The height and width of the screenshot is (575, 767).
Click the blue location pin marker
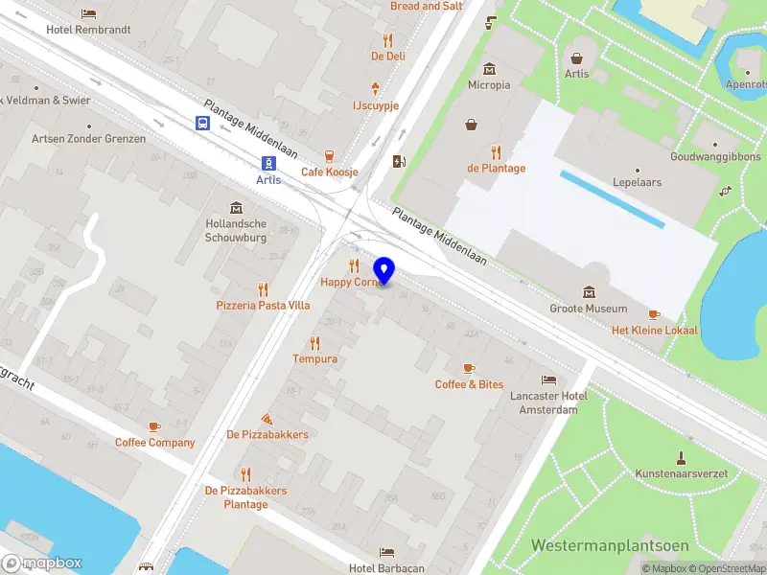coord(384,271)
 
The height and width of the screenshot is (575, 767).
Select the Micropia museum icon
coord(490,69)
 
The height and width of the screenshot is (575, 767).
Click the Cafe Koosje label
coord(329,172)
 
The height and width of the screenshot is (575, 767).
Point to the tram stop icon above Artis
coord(270,162)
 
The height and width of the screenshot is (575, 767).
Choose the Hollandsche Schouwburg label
coord(235,229)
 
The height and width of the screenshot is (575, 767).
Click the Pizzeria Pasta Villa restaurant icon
coord(263,289)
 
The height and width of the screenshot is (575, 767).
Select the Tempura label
coord(314,359)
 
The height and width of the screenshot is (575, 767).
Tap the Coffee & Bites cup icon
coord(469,368)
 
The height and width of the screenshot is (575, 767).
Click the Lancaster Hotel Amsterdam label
coord(548,402)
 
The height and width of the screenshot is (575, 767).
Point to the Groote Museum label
coord(588,309)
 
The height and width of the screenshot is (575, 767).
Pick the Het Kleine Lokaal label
coord(655,331)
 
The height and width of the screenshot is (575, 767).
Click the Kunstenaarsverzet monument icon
coord(681,456)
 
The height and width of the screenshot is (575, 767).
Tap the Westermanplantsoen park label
coord(610,545)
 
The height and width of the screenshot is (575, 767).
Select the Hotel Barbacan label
coord(386,568)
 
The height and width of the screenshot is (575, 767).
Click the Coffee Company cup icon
coord(154,426)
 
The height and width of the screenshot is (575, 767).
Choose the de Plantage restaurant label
coord(496,169)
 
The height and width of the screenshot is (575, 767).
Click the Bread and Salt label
coord(427,6)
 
